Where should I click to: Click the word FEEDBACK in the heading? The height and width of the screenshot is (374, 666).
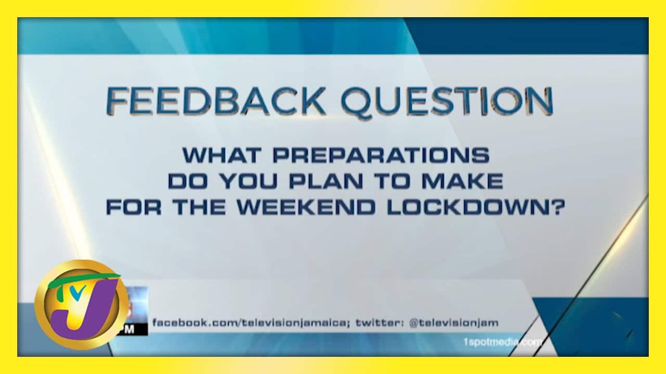tap(216, 101)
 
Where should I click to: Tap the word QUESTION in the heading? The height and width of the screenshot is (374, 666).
tap(447, 102)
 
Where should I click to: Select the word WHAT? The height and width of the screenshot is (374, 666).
tap(222, 155)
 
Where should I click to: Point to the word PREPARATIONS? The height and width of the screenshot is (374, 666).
tap(381, 155)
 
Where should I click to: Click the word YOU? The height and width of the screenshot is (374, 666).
tap(249, 181)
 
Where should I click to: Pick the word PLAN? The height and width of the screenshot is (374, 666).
tap(326, 181)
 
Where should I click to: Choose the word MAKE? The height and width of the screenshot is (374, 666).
tap(463, 181)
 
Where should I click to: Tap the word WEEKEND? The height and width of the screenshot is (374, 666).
tap(306, 207)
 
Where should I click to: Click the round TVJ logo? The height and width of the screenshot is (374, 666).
tap(81, 304)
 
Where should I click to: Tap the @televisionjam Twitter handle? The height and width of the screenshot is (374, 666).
tap(454, 323)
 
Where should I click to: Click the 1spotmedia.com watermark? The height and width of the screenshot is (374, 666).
tap(503, 342)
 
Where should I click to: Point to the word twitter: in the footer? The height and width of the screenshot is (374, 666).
tap(380, 323)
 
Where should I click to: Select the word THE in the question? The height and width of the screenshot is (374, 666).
tap(199, 207)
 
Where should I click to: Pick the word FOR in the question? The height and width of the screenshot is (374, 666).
tap(134, 207)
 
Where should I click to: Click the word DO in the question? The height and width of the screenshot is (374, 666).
tap(188, 181)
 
